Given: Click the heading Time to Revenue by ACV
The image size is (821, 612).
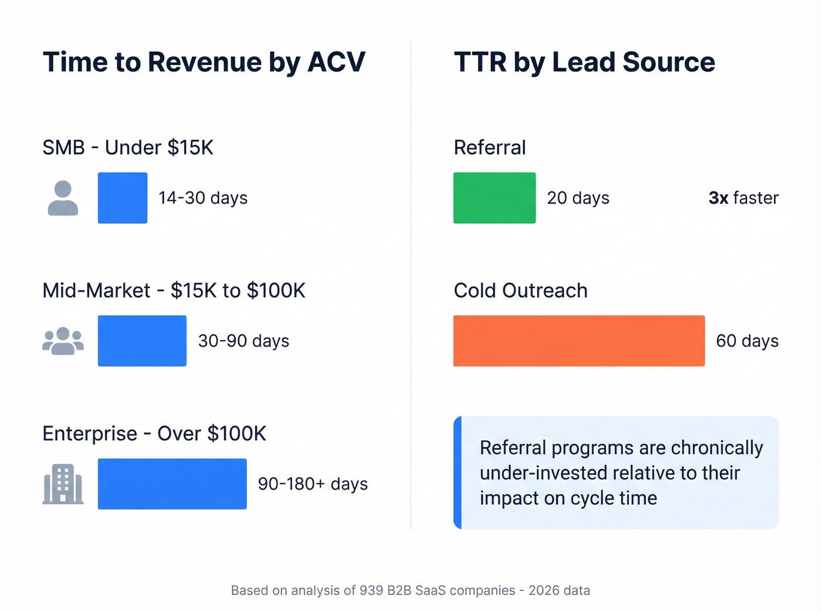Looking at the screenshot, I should coord(203,62).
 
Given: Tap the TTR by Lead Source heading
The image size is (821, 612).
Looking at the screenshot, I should coord(584,62).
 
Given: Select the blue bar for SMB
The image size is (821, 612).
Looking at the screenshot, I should coord(123,198).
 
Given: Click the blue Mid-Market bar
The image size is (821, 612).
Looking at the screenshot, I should coord(142,341).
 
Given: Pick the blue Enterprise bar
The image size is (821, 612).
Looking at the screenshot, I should coord(172,484).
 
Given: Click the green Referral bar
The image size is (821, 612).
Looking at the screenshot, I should coord(494,198).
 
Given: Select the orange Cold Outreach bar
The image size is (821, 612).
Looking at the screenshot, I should coord(579,341).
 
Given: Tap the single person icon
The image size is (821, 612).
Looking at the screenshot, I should coord(63,198).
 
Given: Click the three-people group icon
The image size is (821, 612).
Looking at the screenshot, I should coord(63,341).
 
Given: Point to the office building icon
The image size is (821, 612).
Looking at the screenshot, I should coord(63,484).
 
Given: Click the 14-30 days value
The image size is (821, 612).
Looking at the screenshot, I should coord(203,198).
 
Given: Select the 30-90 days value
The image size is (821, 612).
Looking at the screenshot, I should coord(243,341).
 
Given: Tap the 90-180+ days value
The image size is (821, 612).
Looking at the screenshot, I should coord(313,484).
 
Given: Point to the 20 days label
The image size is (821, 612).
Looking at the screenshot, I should coord(578,198).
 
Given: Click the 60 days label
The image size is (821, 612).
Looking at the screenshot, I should coord(747,341).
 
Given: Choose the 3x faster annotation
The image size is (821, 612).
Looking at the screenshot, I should coord(743,198).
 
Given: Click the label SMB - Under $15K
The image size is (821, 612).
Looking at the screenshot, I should coord(128,148).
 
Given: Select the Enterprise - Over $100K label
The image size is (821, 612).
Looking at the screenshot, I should coord(154,433).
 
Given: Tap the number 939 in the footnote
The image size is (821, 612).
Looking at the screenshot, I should coord(371,590).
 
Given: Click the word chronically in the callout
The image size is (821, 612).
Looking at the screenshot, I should coord(717,448).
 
